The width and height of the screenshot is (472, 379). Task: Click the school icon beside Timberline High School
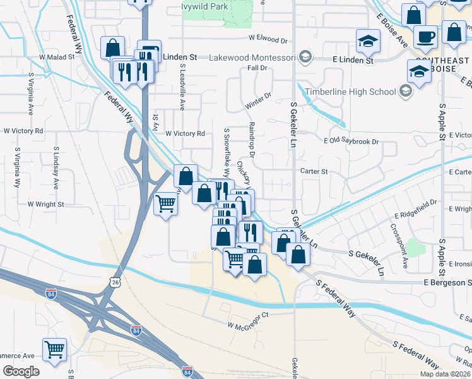(405, 92)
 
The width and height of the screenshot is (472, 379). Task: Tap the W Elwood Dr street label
(268, 39)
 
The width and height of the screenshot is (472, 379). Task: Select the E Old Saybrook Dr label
(351, 141)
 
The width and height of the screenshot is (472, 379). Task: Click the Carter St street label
(314, 171)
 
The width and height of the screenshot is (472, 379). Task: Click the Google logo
(21, 371)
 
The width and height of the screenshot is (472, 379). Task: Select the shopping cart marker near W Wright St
(165, 203)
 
